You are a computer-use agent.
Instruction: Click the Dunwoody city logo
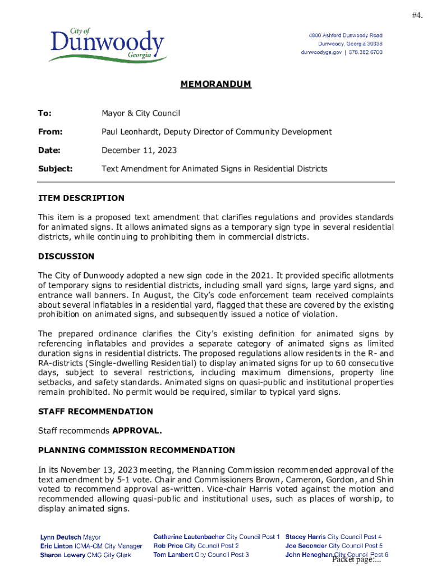pos(107,45)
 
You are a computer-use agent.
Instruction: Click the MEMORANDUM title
pos(215,85)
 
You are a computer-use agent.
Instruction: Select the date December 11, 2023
pos(139,150)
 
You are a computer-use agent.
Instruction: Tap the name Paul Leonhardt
pos(128,131)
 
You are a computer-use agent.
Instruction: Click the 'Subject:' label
pos(55,168)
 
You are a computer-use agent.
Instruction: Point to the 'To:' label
pos(45,113)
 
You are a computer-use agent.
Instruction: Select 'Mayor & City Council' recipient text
pos(140,113)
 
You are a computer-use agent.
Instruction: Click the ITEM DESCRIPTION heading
pos(81,198)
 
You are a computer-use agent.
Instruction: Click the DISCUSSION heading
pos(66,257)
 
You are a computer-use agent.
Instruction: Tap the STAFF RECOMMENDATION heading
pos(95,412)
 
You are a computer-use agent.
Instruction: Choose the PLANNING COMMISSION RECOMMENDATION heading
pos(136,450)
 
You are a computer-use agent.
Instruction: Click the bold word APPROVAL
pos(137,431)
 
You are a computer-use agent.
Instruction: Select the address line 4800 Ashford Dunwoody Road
pos(346,35)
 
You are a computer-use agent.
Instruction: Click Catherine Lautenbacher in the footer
pos(189,537)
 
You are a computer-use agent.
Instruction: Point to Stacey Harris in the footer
pos(305,537)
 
